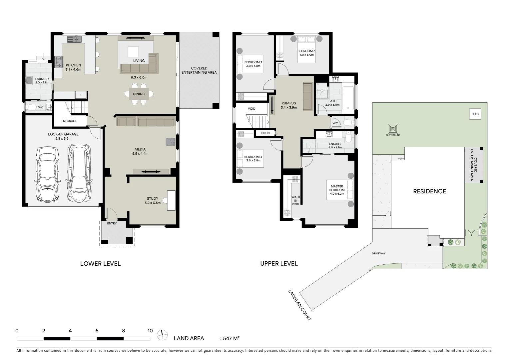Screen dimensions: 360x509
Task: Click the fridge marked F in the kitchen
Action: (x=80, y=95)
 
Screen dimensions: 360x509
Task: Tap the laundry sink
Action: (x=29, y=80)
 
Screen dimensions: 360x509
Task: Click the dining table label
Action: (x=139, y=94)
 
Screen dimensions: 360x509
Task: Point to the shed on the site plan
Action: (x=475, y=114)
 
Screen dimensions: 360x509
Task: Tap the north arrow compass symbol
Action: (x=162, y=334)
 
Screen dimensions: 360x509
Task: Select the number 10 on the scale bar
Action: (x=150, y=331)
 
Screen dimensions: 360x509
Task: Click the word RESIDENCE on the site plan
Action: (x=429, y=191)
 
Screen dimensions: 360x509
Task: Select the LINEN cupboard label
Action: (x=265, y=133)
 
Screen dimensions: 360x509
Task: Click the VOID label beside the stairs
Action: (x=252, y=109)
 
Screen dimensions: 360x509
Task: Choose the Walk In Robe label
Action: (x=295, y=200)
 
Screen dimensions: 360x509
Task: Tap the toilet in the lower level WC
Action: (x=32, y=107)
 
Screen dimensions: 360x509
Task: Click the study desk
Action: (x=171, y=200)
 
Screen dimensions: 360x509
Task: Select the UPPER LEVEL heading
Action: (x=279, y=264)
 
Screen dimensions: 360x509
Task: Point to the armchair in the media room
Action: (x=170, y=142)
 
